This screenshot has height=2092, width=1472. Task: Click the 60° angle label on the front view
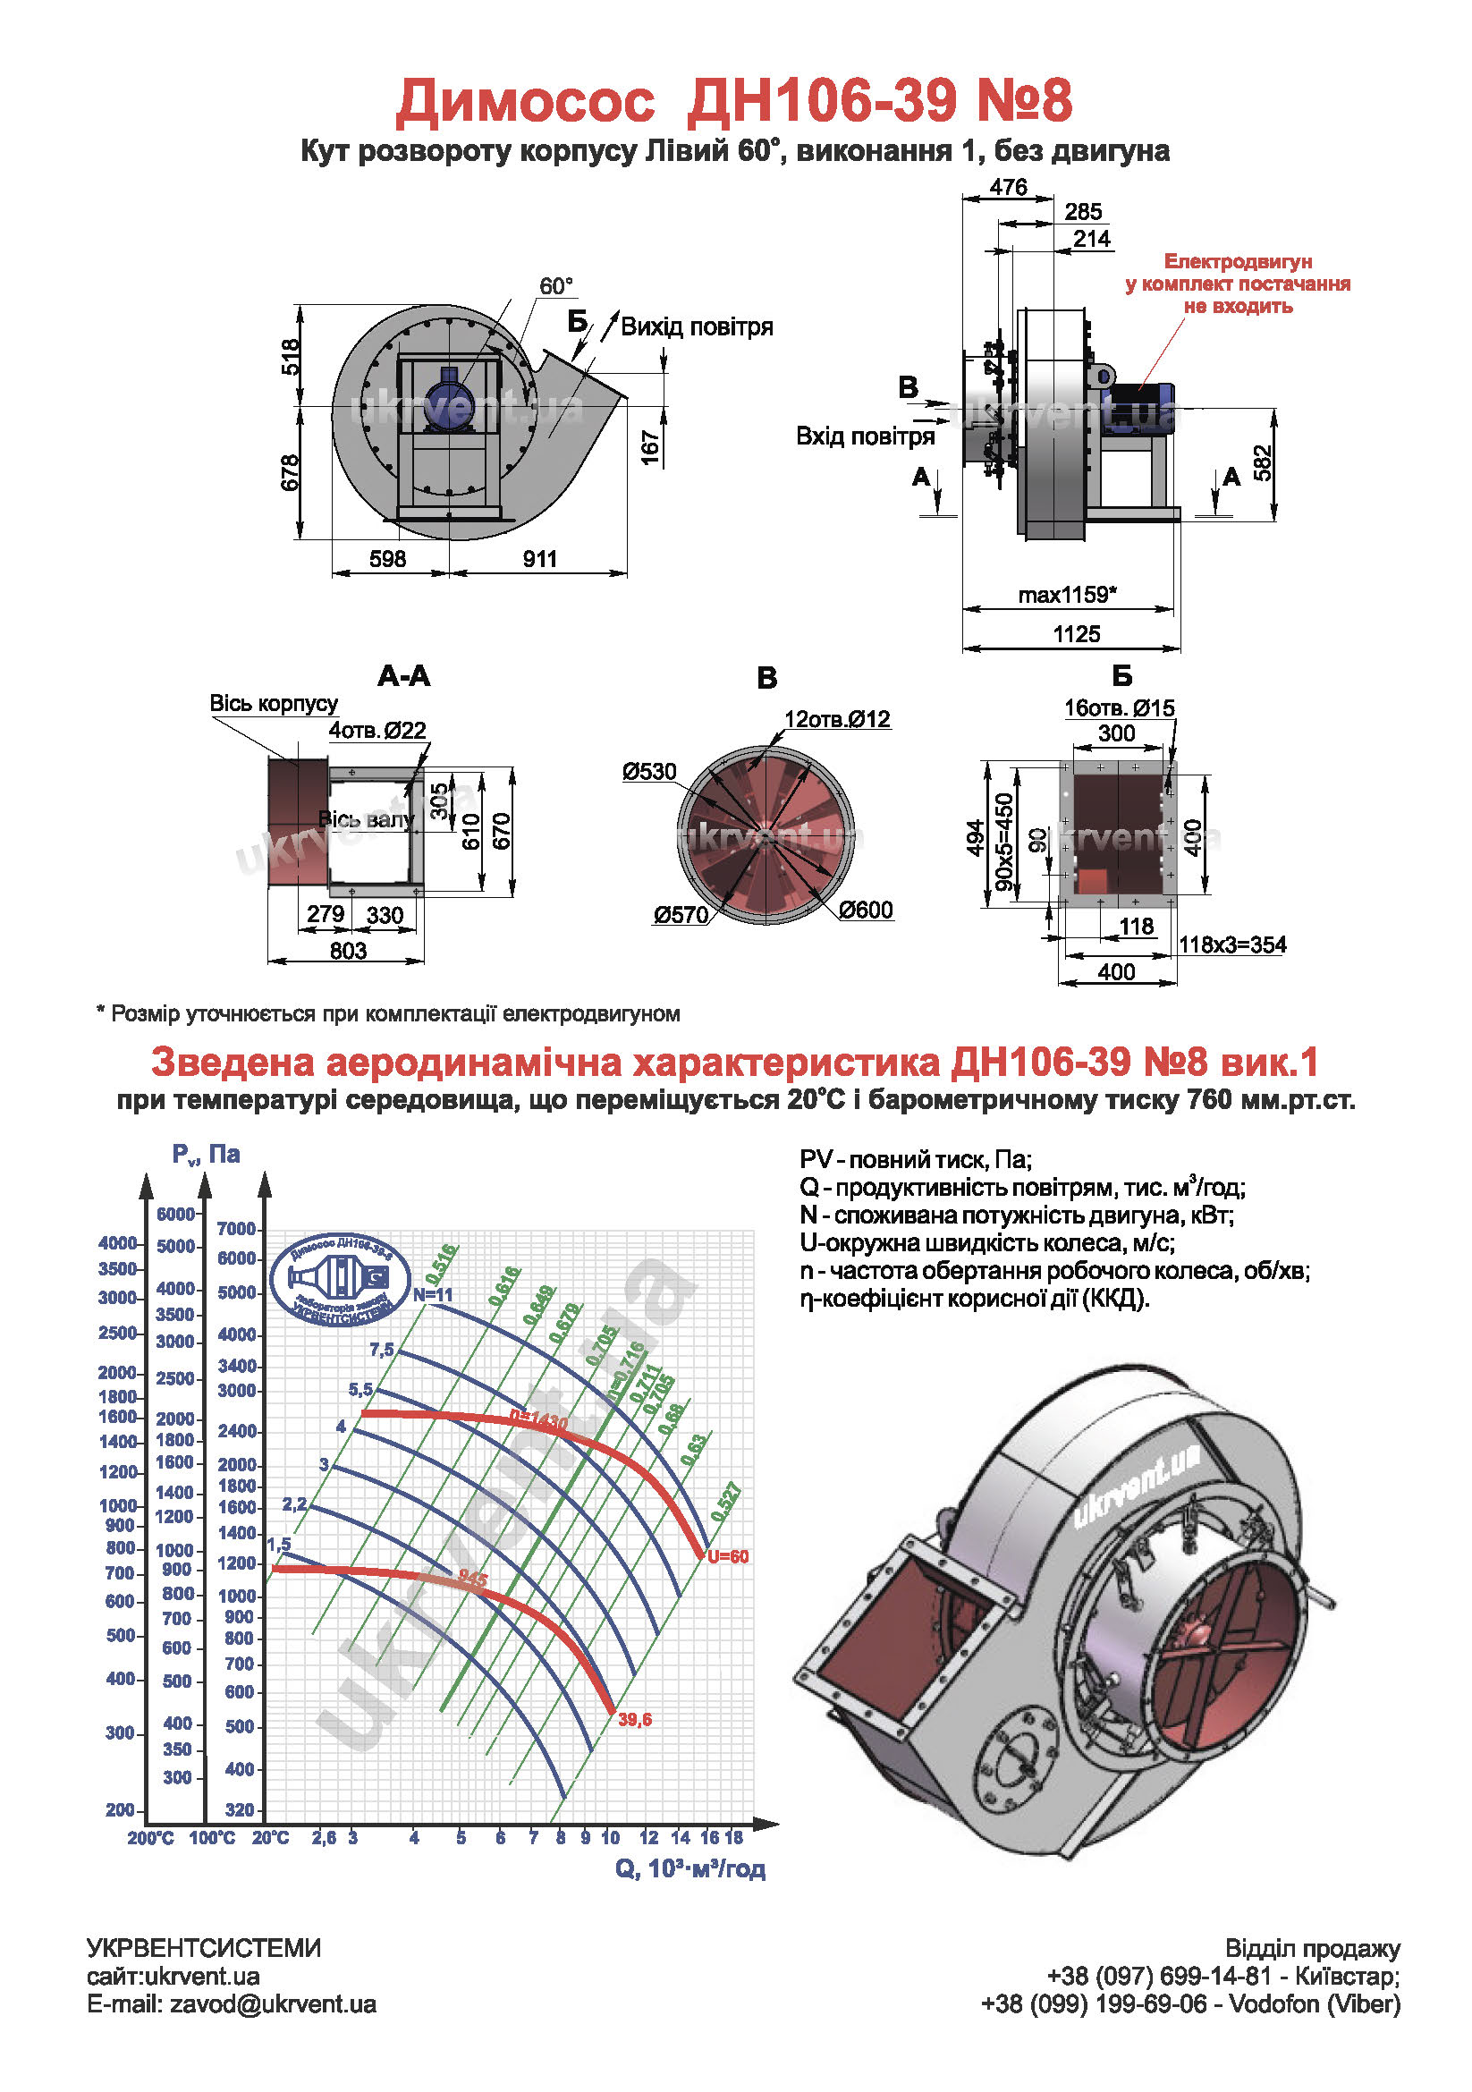coord(555,287)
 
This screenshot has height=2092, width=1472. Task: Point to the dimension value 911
coord(539,558)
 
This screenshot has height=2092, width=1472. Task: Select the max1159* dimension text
coord(1067,595)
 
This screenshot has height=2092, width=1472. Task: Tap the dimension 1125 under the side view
coord(1076,634)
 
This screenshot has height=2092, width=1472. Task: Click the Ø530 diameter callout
coord(649,772)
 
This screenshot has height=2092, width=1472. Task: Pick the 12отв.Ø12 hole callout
coord(836,719)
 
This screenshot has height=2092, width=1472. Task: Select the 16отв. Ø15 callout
coord(1119,708)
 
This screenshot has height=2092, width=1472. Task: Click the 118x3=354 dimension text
coord(1232,944)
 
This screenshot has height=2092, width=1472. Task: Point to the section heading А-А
coord(403,676)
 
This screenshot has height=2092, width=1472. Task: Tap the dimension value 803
coord(348,951)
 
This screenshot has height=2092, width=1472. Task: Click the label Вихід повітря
coord(697,327)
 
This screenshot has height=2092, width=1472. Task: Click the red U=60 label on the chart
coord(728,1556)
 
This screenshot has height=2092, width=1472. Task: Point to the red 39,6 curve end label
coord(635,1719)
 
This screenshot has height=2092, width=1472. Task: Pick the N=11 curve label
coord(433,1295)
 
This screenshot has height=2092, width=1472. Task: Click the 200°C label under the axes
coord(150,1838)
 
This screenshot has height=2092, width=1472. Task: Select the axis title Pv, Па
coord(206,1155)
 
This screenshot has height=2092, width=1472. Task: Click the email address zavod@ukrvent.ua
coord(273,2004)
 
